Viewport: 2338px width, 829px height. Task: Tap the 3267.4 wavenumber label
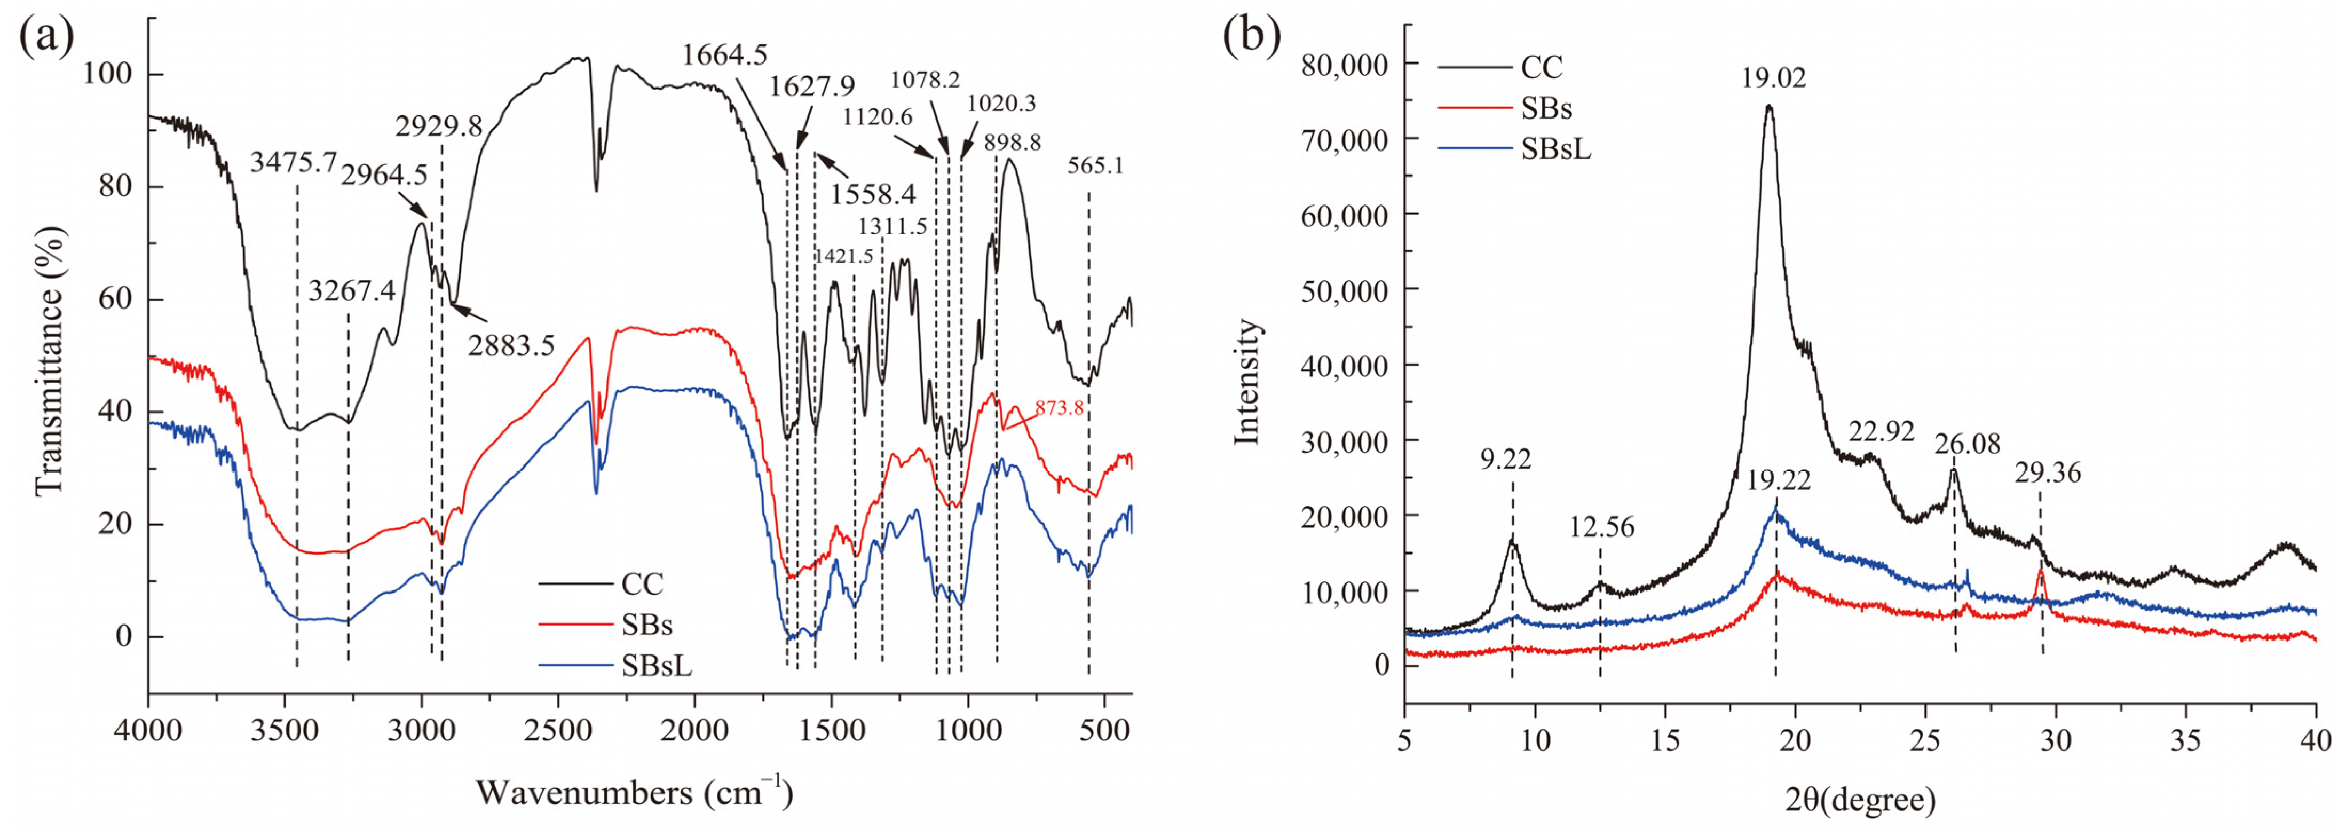351,291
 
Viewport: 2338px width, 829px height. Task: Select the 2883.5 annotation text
511,345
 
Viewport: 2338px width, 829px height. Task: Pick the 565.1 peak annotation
1095,166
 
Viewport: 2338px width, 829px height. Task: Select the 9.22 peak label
1505,460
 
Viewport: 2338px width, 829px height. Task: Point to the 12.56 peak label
1602,527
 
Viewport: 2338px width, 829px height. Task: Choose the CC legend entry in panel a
642,583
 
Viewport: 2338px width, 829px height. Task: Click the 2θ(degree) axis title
1861,801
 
